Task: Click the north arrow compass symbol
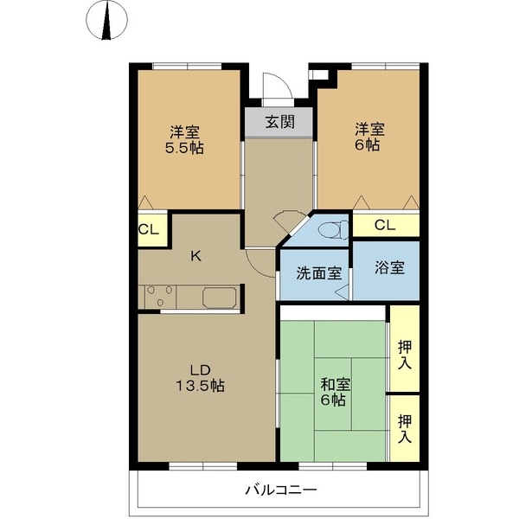click(106, 22)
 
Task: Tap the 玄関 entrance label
click(278, 122)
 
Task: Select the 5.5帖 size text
click(184, 148)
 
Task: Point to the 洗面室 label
click(318, 273)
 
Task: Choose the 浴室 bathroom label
click(389, 267)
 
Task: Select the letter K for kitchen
click(196, 256)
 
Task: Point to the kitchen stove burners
click(160, 297)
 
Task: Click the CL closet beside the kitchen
click(147, 230)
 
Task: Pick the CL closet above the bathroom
click(385, 225)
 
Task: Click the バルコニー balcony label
click(279, 490)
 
